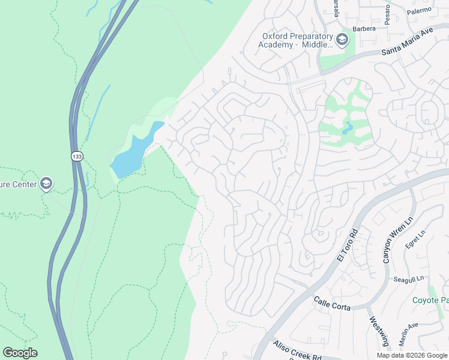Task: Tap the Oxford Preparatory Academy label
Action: click(x=297, y=40)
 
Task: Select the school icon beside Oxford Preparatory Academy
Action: click(x=342, y=40)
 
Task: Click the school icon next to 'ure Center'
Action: click(x=46, y=184)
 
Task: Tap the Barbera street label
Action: click(x=364, y=28)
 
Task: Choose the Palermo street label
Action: click(x=419, y=11)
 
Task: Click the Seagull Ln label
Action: click(x=409, y=279)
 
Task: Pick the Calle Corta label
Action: click(x=332, y=302)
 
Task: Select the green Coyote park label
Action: click(x=430, y=300)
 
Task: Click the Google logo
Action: click(x=20, y=353)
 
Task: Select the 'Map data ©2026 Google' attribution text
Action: click(x=412, y=355)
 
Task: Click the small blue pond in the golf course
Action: click(x=348, y=127)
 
